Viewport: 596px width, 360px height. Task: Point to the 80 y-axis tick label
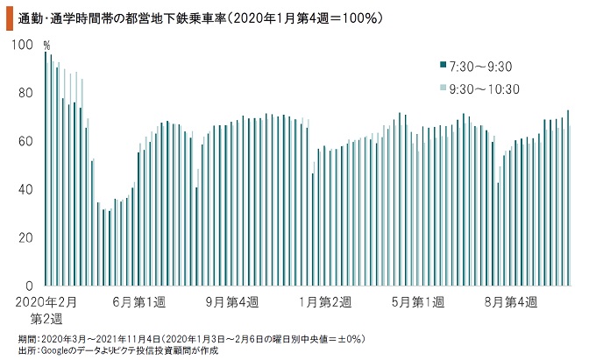click(27, 94)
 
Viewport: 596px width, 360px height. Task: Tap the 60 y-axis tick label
click(27, 142)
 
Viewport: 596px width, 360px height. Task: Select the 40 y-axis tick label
click(27, 190)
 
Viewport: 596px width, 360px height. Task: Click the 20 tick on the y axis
click(27, 238)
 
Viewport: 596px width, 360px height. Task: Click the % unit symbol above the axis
click(47, 45)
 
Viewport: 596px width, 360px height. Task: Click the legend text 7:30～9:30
click(479, 67)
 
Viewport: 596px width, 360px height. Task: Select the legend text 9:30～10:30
click(484, 88)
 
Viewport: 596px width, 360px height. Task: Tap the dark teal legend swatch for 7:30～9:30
click(443, 66)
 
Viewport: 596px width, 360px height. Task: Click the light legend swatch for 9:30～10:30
click(443, 88)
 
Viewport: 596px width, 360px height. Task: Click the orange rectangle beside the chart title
click(8, 17)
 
